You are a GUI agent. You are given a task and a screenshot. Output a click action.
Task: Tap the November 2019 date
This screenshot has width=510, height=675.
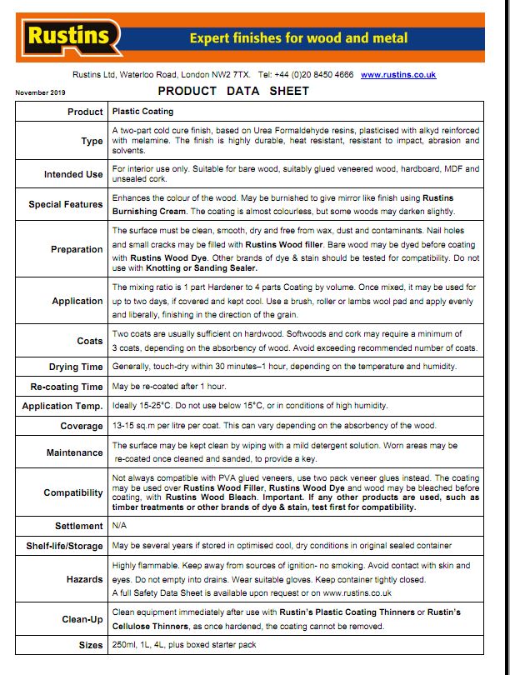point(39,92)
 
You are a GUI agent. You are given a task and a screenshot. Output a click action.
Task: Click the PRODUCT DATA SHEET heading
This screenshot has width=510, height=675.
point(233,91)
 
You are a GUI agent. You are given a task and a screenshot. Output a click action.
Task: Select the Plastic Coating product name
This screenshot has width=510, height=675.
point(142,111)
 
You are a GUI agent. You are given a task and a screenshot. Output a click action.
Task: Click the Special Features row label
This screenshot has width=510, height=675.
point(66,204)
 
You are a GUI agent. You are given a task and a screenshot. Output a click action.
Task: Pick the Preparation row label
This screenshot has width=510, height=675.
point(77,248)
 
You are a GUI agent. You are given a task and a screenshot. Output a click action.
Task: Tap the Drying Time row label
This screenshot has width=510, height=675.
point(76,367)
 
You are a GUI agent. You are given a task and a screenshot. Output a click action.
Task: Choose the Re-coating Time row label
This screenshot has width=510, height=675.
point(67,387)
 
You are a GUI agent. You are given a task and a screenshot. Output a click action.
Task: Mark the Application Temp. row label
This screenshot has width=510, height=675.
point(62,406)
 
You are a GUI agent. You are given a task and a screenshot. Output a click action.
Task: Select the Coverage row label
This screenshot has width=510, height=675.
point(81,426)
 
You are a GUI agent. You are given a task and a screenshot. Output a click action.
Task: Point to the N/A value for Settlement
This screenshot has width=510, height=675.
point(119,526)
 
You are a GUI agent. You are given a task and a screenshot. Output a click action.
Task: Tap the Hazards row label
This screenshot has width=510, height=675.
point(84,578)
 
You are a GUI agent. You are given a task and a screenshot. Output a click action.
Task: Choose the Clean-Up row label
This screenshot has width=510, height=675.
point(82,619)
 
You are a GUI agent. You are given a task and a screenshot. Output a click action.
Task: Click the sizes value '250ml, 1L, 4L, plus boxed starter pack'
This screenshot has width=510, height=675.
point(184,645)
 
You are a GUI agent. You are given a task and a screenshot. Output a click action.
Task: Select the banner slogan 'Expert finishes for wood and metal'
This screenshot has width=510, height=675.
point(298,37)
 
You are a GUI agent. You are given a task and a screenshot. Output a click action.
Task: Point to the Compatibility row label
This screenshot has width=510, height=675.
point(73,492)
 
